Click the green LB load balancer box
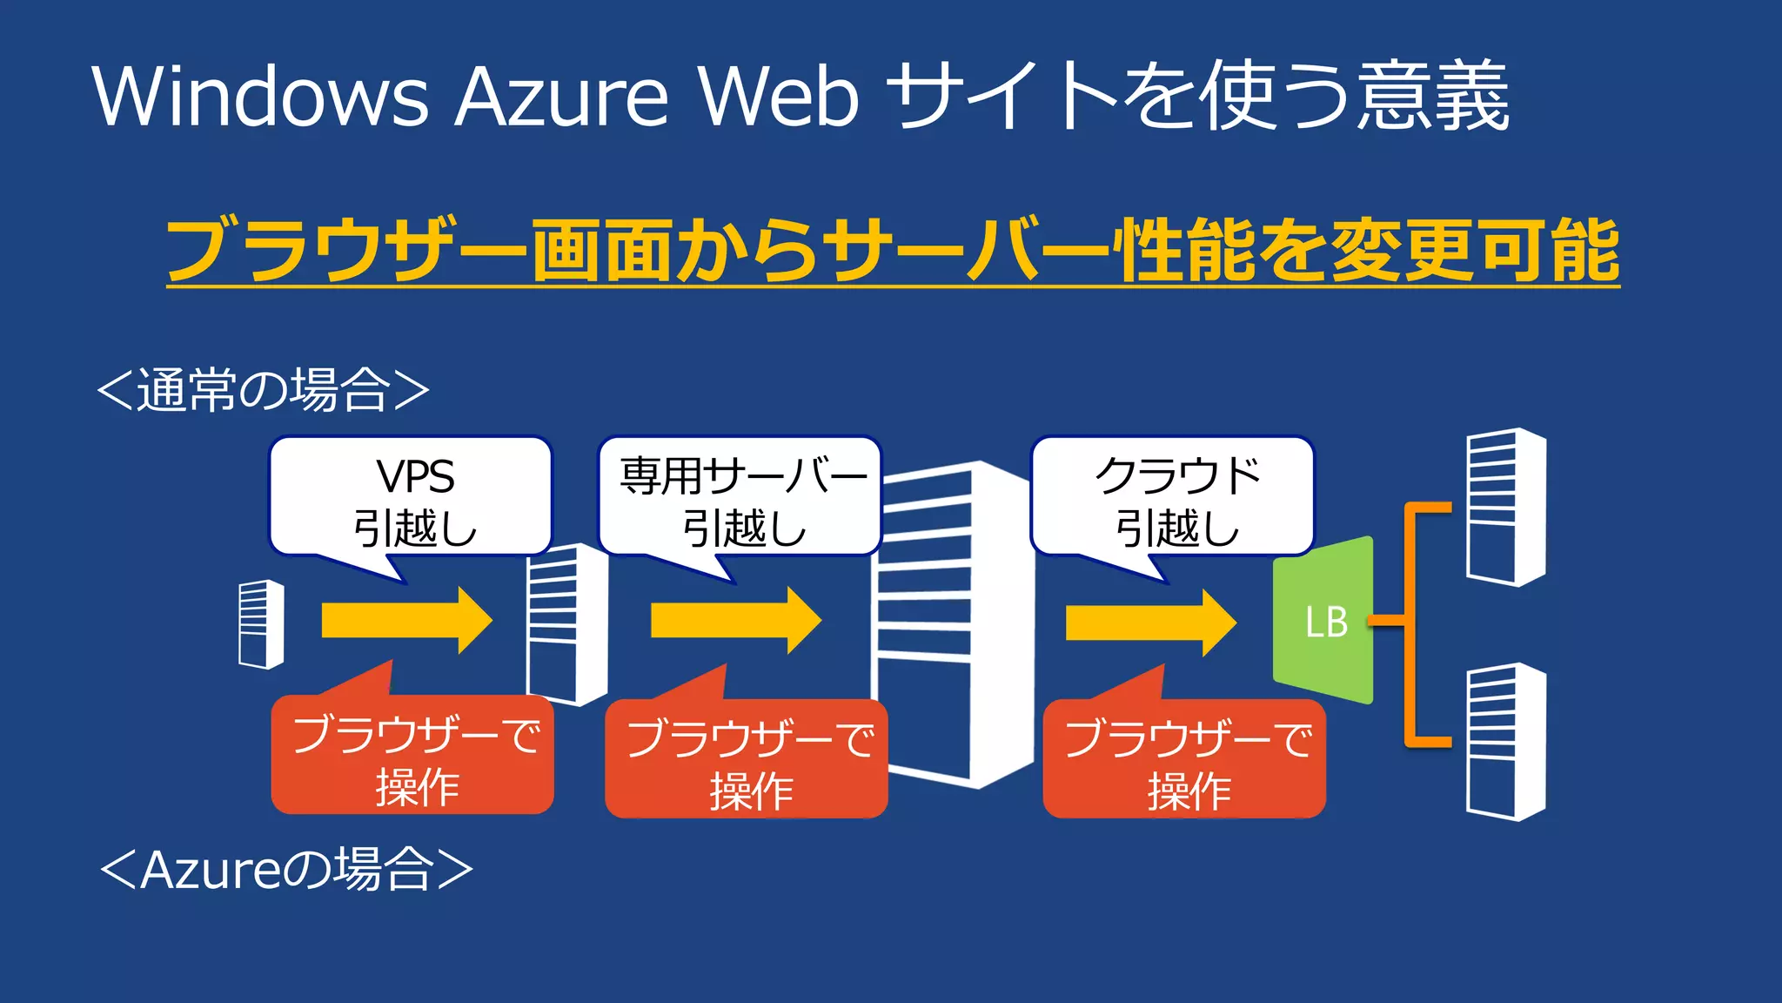coord(1323,621)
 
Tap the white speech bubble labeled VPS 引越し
coord(412,497)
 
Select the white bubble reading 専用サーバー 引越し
coord(740,497)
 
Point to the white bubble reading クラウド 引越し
coord(1173,497)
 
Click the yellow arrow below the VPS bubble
coord(405,621)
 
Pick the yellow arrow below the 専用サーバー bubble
coord(735,621)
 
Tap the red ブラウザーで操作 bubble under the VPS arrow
coord(413,756)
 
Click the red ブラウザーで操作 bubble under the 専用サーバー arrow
coord(747,760)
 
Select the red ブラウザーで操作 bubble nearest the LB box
coord(1184,760)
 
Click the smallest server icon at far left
coord(261,624)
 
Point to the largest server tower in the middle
coord(953,623)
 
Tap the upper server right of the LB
coord(1505,507)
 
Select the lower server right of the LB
coord(1505,742)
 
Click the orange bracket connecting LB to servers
coord(1410,623)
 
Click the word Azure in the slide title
coord(561,96)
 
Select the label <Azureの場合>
coord(286,869)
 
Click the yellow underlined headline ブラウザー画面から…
coord(893,251)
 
